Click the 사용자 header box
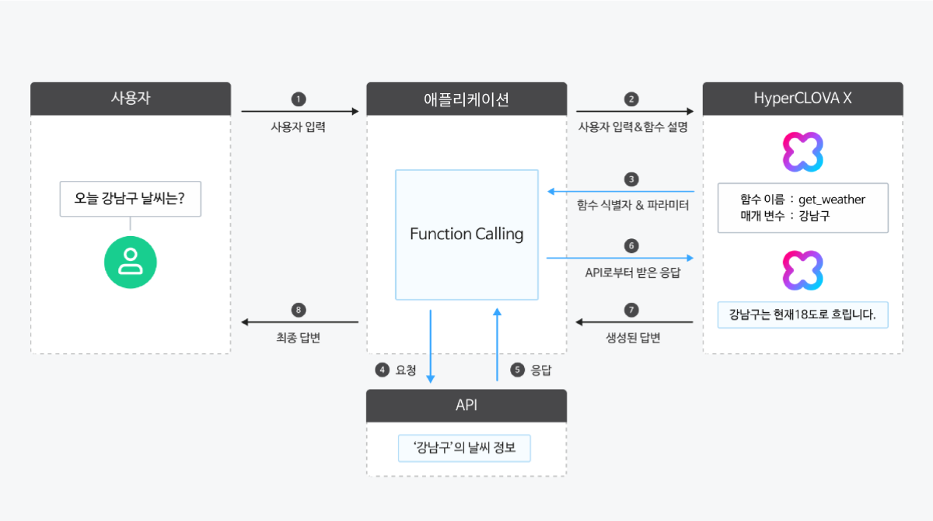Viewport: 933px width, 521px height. click(131, 99)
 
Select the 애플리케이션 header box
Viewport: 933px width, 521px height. click(466, 99)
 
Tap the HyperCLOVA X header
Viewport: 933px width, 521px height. click(802, 99)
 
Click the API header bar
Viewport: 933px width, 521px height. click(466, 405)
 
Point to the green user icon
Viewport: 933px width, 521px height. click(131, 262)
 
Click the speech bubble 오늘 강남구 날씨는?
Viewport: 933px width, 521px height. click(131, 199)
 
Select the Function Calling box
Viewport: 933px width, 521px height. click(466, 234)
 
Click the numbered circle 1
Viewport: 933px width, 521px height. click(299, 99)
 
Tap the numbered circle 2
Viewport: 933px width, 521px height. click(631, 99)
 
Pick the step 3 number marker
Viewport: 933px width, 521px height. click(631, 179)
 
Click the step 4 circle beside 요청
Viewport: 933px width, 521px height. click(382, 370)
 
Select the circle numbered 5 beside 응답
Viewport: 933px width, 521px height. click(517, 370)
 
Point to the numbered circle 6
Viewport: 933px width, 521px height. click(631, 245)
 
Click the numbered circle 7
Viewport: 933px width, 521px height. click(631, 310)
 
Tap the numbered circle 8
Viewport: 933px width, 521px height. click(299, 310)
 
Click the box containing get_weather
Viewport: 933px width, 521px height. click(802, 207)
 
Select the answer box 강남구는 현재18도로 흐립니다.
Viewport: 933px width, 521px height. click(802, 315)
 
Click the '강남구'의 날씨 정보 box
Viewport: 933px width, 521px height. click(464, 448)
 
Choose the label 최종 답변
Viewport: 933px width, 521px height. click(299, 339)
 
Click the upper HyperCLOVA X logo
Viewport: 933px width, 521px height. click(802, 151)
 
